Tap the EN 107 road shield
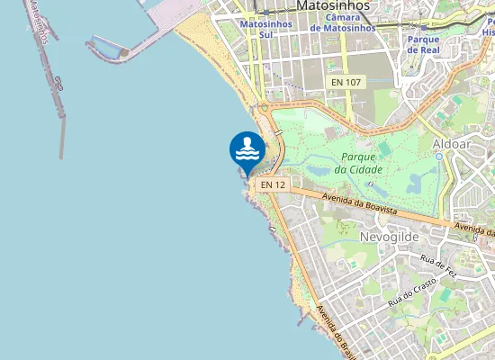pyautogui.click(x=346, y=83)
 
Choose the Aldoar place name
pyautogui.click(x=451, y=144)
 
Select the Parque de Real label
pyautogui.click(x=423, y=45)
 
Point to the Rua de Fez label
pyautogui.click(x=439, y=263)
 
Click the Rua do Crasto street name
pyautogui.click(x=412, y=291)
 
